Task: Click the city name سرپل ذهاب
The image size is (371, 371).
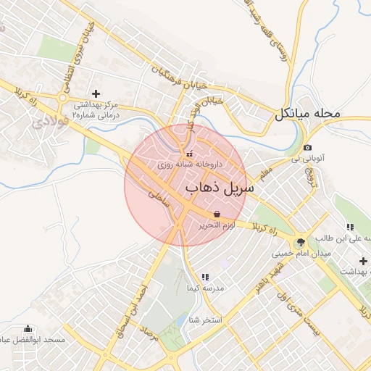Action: pyautogui.click(x=220, y=188)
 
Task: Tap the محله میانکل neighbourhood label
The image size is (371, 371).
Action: pyautogui.click(x=307, y=114)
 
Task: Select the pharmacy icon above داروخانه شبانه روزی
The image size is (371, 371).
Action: pyautogui.click(x=189, y=154)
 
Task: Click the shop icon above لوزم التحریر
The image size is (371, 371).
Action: pyautogui.click(x=217, y=214)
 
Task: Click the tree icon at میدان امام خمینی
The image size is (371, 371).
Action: pyautogui.click(x=301, y=241)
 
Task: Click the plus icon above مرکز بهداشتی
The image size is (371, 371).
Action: pyautogui.click(x=96, y=93)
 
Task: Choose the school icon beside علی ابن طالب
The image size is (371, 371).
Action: pyautogui.click(x=350, y=227)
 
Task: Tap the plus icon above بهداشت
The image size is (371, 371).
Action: pyautogui.click(x=363, y=261)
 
